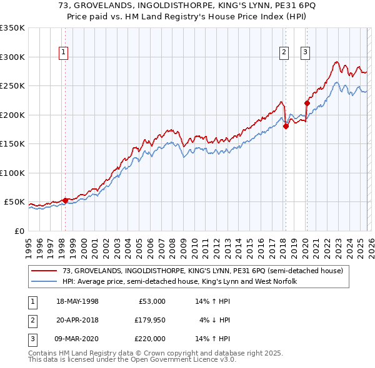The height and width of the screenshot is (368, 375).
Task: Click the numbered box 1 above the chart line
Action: tap(64, 52)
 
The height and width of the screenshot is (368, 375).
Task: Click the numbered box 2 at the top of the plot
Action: tap(284, 52)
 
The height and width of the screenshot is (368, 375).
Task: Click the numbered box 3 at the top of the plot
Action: tap(306, 52)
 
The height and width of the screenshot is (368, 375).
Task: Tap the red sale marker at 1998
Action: tap(65, 200)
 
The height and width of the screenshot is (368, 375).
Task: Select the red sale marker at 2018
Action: tap(286, 126)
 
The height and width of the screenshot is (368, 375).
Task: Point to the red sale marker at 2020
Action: tap(307, 103)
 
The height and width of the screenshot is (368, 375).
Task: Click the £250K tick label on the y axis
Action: tap(12, 86)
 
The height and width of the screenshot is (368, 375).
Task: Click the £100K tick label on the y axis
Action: tap(12, 173)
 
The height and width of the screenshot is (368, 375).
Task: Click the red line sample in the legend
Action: tap(45, 271)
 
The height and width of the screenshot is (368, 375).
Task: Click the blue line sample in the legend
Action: tap(45, 282)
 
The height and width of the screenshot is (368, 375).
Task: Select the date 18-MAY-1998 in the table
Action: tap(77, 301)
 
